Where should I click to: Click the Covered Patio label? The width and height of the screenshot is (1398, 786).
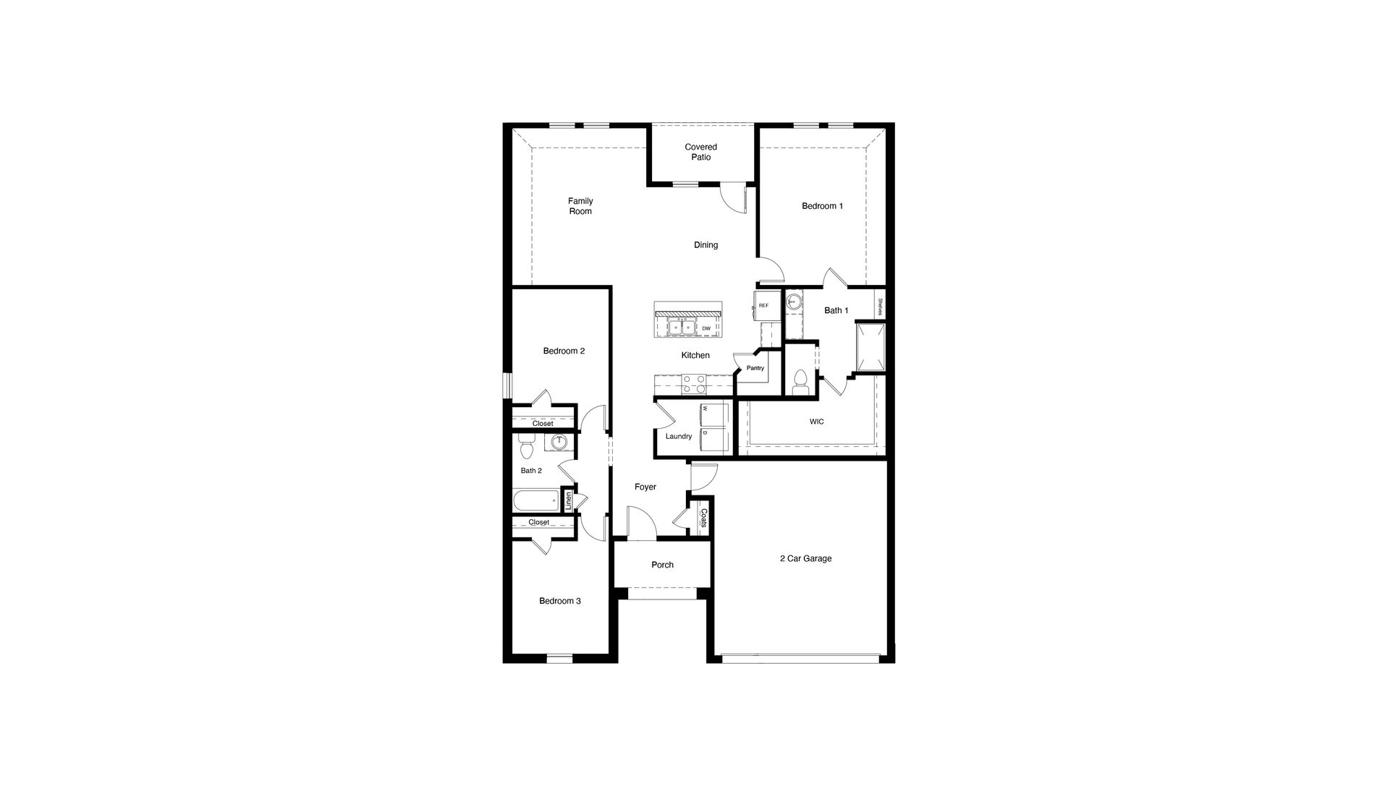click(x=700, y=152)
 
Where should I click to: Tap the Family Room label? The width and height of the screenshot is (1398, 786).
click(x=580, y=206)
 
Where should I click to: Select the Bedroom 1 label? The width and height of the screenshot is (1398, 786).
click(x=822, y=206)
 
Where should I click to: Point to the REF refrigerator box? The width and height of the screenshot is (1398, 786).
click(x=763, y=306)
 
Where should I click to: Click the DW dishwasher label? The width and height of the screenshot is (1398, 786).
click(x=706, y=328)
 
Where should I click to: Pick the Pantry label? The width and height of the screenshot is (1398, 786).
click(x=755, y=368)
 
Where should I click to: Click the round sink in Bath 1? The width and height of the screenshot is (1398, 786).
click(x=795, y=302)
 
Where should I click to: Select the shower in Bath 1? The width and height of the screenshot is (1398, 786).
click(x=870, y=347)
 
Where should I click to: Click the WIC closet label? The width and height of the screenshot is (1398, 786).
click(x=816, y=422)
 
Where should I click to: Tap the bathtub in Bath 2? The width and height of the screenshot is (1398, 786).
click(x=536, y=500)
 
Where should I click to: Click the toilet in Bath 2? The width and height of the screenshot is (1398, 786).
click(x=526, y=448)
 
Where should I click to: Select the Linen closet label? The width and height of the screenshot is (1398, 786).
click(x=569, y=500)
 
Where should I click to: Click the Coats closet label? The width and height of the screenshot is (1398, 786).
click(x=703, y=517)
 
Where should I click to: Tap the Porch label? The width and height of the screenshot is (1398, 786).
click(x=662, y=565)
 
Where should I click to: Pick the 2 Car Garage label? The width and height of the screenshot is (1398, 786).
click(x=805, y=558)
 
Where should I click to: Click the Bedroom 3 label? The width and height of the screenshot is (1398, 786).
click(x=559, y=601)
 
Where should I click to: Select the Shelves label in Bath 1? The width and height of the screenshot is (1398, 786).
click(x=880, y=307)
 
